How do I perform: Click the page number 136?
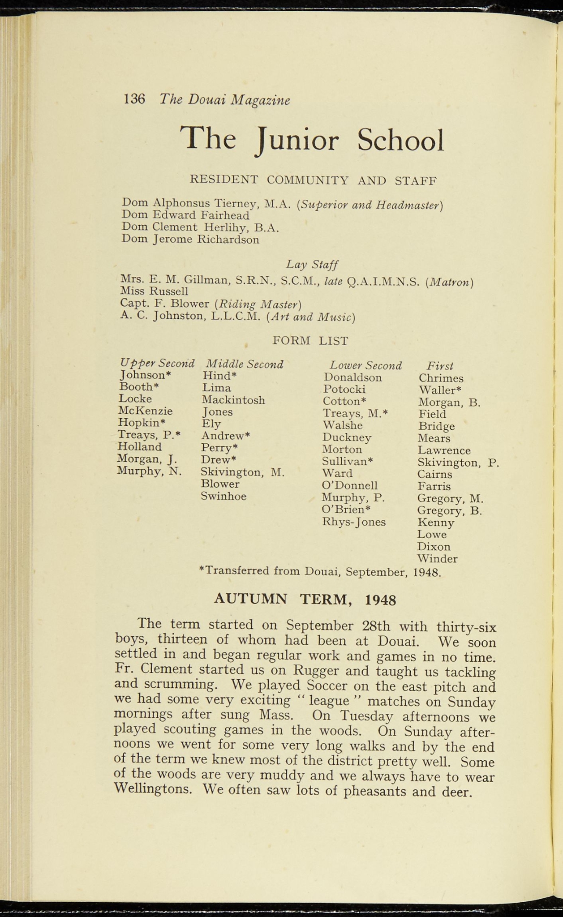coord(134,99)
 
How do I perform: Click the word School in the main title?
coord(400,140)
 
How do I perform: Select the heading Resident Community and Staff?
coord(313,180)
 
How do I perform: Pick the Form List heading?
coord(310,341)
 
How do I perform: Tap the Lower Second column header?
coord(365,365)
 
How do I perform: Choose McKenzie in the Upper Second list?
coord(146,411)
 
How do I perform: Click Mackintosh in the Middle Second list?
coord(233,400)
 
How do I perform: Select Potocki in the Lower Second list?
coord(344,389)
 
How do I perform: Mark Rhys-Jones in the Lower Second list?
coord(354,522)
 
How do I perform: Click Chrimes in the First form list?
coord(441,378)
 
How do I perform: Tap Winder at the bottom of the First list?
coord(437,559)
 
